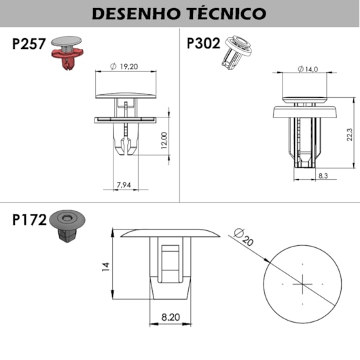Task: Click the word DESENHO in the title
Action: [x=133, y=13]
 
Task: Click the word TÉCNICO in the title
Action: [x=226, y=13]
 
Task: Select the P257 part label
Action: [x=29, y=45]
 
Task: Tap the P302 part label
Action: [x=203, y=44]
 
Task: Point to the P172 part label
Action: [x=29, y=220]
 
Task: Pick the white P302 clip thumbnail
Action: [x=238, y=50]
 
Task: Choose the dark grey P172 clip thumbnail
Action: [x=67, y=228]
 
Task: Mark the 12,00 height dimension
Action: [x=165, y=141]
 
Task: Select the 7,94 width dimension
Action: [x=124, y=184]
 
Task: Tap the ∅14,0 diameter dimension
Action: [x=309, y=69]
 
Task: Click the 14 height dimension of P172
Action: [x=105, y=267]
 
